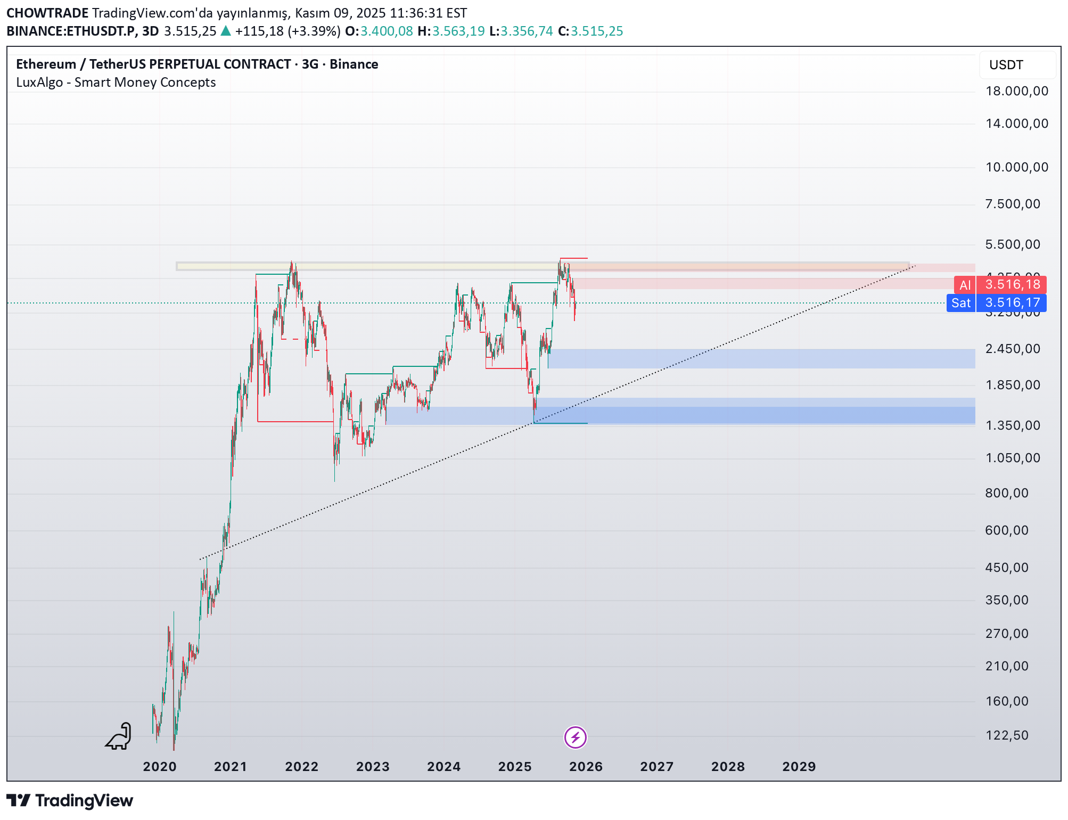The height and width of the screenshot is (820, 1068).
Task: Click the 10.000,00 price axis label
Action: coord(1016,167)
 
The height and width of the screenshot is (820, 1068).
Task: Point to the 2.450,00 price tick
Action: coord(1012,349)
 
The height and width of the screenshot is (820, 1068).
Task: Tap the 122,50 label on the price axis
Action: coord(1006,735)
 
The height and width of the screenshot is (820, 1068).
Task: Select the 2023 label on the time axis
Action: coord(373,767)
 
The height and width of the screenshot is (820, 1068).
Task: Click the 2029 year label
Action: coord(799,767)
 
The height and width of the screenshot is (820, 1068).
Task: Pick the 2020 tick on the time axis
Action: coord(160,767)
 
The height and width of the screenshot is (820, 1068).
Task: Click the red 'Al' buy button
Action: coord(965,285)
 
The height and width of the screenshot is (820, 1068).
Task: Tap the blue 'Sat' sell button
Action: coord(961,303)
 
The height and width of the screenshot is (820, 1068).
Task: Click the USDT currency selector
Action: coord(1016,65)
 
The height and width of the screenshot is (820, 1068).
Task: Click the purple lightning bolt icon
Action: coord(575,737)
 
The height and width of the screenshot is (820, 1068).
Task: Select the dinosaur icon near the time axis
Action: coord(119,736)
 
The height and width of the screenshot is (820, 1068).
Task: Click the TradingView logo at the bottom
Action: coord(70,800)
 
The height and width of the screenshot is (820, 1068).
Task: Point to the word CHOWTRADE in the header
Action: coord(47,13)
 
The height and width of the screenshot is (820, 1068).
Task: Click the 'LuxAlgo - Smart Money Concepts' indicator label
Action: coord(116,83)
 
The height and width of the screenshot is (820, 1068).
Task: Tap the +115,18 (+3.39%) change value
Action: coord(287,31)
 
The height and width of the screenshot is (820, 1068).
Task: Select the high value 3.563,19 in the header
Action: coord(458,31)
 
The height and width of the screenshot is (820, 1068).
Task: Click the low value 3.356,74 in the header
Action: coord(527,31)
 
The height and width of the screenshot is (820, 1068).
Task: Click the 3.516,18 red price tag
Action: coord(1012,284)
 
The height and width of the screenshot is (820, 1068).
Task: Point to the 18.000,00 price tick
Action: coord(1016,91)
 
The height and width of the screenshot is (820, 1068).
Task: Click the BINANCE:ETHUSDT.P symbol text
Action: coord(70,31)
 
